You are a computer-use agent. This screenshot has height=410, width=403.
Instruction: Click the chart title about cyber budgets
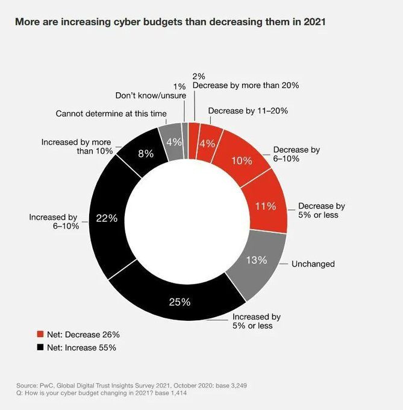pyautogui.click(x=170, y=22)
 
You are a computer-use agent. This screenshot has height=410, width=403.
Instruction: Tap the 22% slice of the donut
pyautogui.click(x=107, y=218)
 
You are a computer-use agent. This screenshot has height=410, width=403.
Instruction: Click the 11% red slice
pyautogui.click(x=266, y=206)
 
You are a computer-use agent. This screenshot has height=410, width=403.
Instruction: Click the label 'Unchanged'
pyautogui.click(x=313, y=264)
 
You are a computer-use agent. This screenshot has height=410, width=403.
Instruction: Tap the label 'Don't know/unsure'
pyautogui.click(x=151, y=96)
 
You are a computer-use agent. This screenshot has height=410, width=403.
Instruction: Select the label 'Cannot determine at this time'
pyautogui.click(x=111, y=113)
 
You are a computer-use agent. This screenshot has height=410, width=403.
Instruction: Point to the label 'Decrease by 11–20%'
pyautogui.click(x=248, y=111)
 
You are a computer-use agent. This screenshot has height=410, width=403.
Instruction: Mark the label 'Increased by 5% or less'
pyautogui.click(x=257, y=321)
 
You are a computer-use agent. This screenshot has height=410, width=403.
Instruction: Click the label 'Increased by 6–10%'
pyautogui.click(x=55, y=221)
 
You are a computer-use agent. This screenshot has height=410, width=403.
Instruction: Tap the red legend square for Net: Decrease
pyautogui.click(x=41, y=334)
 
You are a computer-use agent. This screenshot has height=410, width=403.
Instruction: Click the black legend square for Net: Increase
pyautogui.click(x=41, y=347)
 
